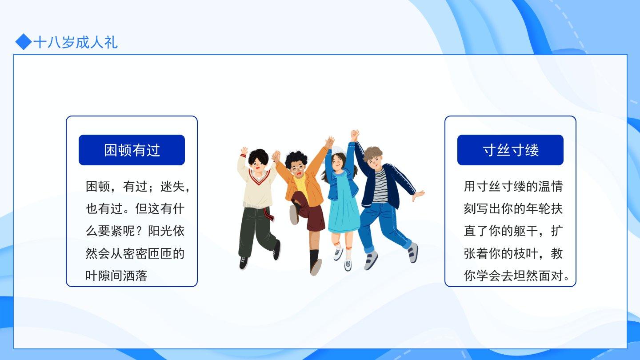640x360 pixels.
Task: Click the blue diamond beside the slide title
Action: pyautogui.click(x=24, y=42)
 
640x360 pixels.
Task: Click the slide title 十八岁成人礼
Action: pyautogui.click(x=76, y=43)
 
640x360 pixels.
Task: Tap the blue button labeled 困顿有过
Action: pyautogui.click(x=132, y=150)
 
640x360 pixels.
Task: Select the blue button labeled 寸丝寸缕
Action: pyautogui.click(x=510, y=150)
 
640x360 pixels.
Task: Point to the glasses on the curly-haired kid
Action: pyautogui.click(x=297, y=168)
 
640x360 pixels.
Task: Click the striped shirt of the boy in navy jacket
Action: pyautogui.click(x=380, y=186)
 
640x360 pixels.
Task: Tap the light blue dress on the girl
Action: pyautogui.click(x=343, y=206)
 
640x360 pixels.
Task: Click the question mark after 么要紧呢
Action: pyautogui.click(x=141, y=231)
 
